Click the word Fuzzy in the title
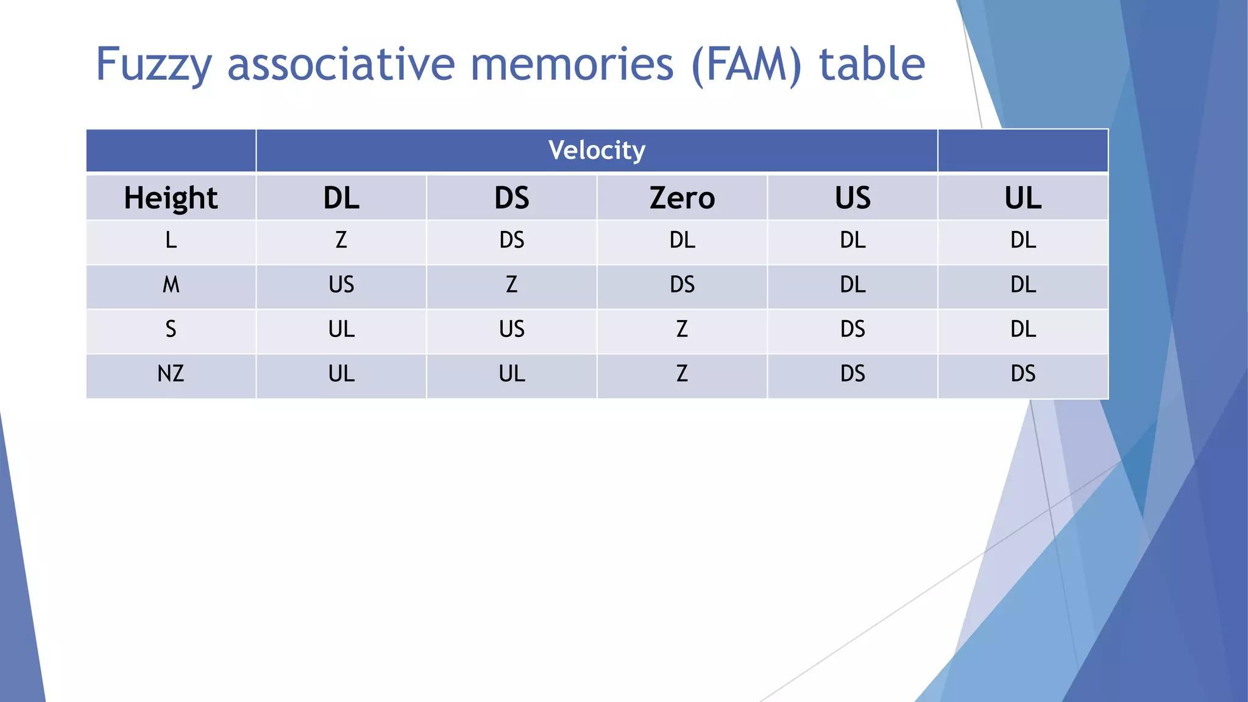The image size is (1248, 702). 154,65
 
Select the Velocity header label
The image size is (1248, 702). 596,151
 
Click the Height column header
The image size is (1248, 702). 171,198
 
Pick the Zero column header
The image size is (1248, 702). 682,198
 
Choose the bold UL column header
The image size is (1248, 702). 1023,198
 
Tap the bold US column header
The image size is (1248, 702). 853,198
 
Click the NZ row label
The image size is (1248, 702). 171,374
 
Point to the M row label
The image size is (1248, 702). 171,285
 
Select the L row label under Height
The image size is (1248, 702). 171,240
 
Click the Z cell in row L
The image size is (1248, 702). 341,240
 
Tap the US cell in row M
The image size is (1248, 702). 341,285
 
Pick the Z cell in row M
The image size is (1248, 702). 512,285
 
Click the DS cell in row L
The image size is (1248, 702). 512,240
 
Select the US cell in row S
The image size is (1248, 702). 512,329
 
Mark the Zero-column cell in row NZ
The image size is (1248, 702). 682,374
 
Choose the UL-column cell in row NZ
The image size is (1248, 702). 1023,374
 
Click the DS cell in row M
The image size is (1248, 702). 682,285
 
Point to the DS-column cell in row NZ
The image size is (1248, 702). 512,374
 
